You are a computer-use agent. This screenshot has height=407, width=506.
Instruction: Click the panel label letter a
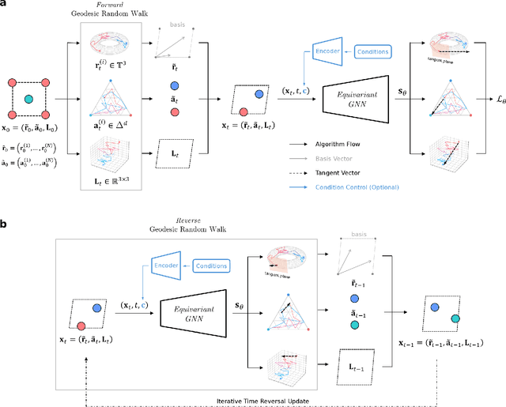(x=5, y=6)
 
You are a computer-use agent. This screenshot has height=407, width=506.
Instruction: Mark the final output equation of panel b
(x=446, y=346)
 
